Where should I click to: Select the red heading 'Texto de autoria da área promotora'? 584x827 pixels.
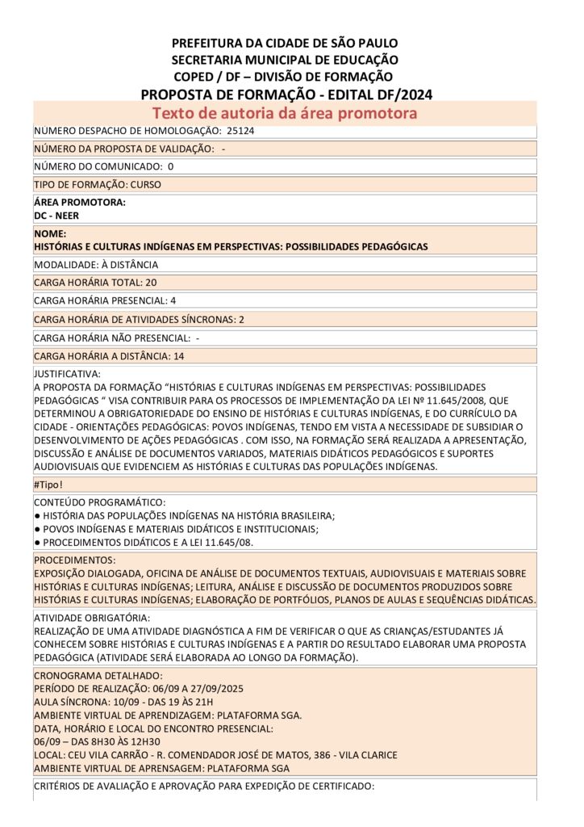point(285,113)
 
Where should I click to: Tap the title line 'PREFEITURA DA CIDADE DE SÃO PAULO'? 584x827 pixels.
point(285,43)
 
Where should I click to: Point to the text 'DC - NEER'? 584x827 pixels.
point(56,216)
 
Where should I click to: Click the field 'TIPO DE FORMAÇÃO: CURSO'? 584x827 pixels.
point(98,184)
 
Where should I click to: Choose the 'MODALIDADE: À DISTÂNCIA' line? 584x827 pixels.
point(96,264)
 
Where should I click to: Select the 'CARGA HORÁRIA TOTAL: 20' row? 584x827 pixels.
point(95,283)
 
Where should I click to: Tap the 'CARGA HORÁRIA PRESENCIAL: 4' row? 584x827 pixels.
point(105,300)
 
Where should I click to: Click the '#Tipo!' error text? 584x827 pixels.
point(48,485)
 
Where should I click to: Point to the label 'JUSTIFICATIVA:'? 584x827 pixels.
point(67,374)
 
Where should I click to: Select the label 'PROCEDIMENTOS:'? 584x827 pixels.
point(74,560)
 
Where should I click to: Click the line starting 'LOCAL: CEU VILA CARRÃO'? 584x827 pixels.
point(215,754)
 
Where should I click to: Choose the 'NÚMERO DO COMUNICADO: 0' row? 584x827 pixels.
point(103,166)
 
